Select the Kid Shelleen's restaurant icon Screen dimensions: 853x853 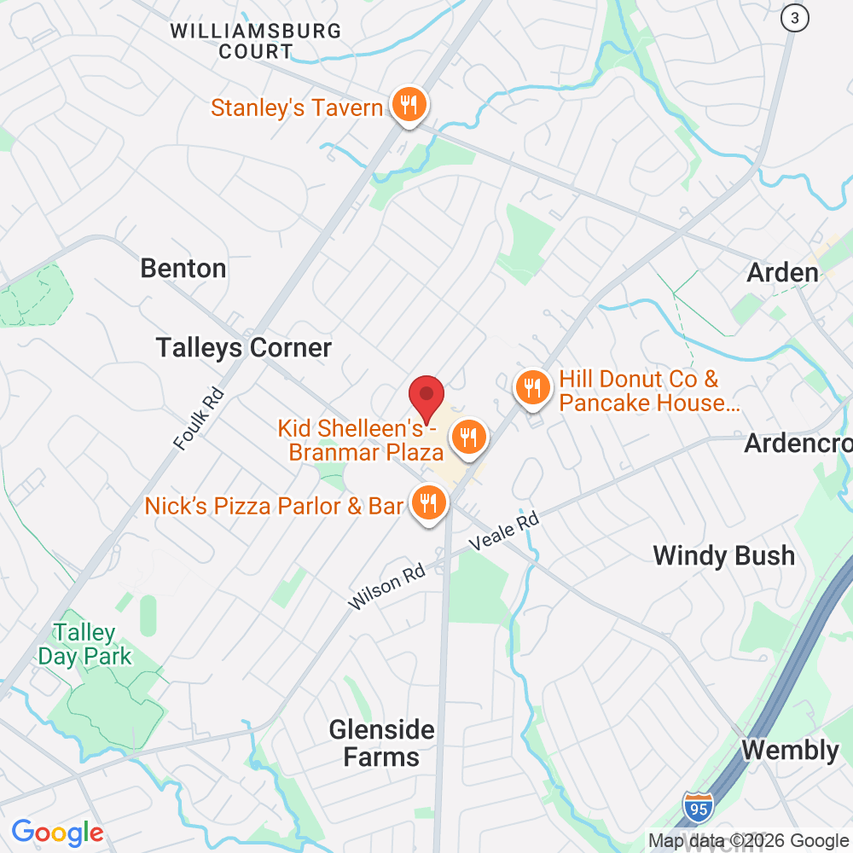[467, 437]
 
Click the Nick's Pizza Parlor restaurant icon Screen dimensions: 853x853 [428, 503]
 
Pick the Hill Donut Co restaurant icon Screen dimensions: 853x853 [533, 389]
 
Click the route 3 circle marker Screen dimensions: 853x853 [795, 18]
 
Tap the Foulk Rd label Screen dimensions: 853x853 [198, 419]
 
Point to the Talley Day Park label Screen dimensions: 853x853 [84, 645]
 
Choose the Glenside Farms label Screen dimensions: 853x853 [382, 743]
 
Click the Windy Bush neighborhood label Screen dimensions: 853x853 [723, 556]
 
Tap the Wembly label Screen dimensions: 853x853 [790, 751]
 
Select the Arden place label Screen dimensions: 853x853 [782, 273]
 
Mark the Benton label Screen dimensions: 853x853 [183, 269]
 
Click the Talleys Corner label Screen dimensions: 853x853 [243, 348]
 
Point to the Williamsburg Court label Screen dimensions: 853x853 [256, 41]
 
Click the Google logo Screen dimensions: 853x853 [57, 833]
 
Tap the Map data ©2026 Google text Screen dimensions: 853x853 [748, 840]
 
